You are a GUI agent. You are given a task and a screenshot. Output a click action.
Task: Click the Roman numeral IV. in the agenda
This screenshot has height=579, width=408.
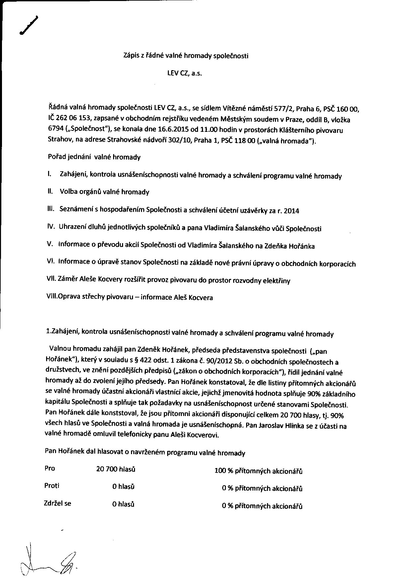pos(51,227)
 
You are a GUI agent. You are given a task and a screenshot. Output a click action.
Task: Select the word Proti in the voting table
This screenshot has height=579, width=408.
pos(52,486)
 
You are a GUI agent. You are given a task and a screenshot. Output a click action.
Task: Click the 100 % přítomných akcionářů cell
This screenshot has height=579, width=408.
pos(258,471)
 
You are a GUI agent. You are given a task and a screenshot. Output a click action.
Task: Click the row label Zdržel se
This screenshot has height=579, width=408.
pos(57,503)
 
